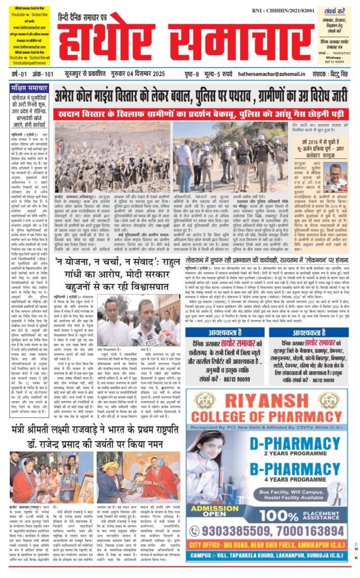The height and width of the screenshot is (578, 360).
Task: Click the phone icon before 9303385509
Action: point(195,530)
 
